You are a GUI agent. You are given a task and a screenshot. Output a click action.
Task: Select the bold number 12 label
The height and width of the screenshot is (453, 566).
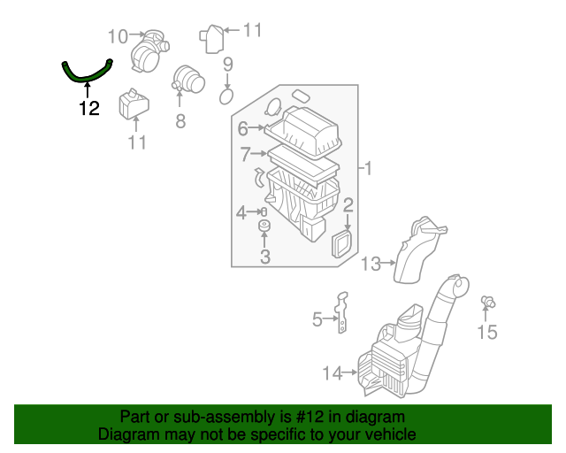[x=88, y=109]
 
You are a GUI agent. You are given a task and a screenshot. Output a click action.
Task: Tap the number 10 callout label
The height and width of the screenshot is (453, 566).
[x=118, y=36]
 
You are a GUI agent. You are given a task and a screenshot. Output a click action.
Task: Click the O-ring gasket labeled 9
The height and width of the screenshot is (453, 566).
[x=226, y=95]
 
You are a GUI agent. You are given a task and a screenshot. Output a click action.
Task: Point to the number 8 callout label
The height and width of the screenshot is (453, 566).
[x=180, y=121]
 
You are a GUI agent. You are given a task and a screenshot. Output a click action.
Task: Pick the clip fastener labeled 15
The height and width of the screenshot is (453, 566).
[x=486, y=303]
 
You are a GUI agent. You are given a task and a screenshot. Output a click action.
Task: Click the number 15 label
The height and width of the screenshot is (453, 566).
[x=487, y=333]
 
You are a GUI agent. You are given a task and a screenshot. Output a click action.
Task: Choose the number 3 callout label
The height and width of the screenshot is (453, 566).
[x=264, y=257]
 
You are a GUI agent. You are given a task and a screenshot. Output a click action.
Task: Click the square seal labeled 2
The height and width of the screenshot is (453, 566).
[x=341, y=243]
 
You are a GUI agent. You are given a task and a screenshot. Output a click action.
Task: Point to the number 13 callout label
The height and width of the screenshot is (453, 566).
[x=371, y=263]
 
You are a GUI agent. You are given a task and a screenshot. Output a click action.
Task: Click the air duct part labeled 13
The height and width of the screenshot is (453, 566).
[x=420, y=252]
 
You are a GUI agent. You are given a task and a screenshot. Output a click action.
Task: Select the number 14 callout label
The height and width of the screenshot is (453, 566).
[x=332, y=374]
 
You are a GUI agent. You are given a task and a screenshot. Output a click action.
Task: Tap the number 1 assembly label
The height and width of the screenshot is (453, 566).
[x=369, y=168]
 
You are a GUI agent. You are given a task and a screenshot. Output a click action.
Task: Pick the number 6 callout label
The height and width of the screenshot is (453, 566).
[x=242, y=129]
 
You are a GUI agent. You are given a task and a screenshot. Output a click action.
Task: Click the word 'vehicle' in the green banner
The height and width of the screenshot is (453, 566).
[x=386, y=435]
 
